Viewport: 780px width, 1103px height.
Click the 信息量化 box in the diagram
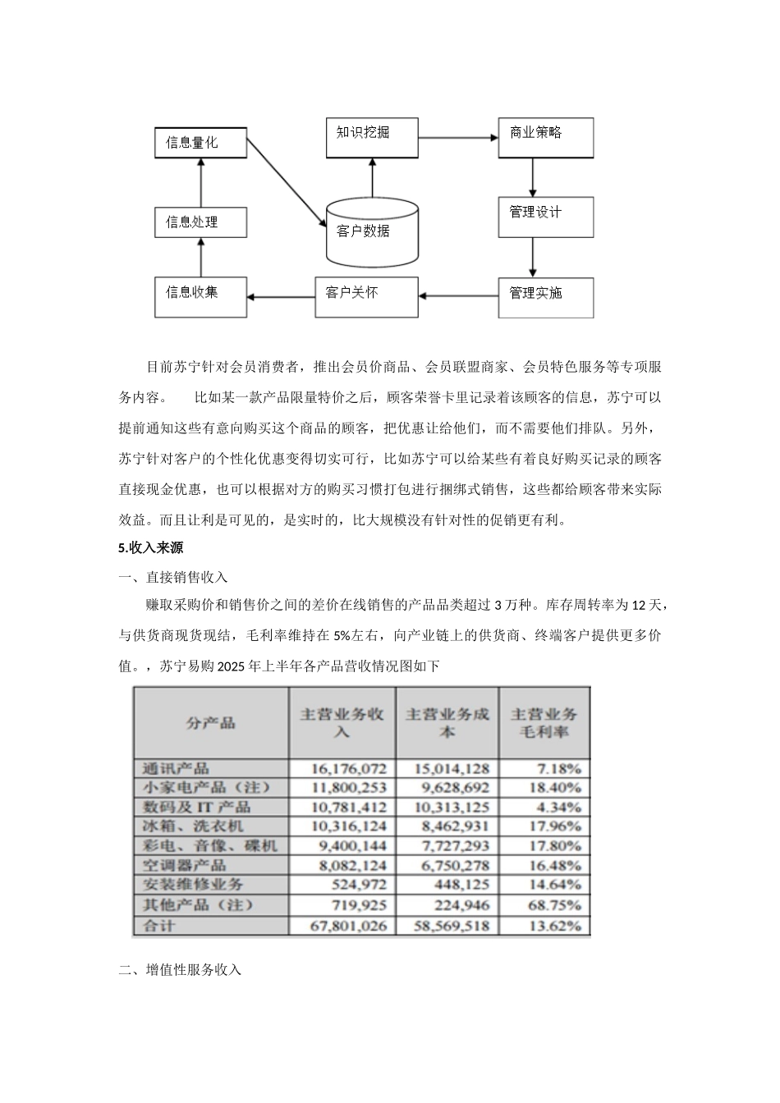click(200, 143)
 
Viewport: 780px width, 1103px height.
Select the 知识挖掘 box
click(372, 133)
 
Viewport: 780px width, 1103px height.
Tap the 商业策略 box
click(545, 137)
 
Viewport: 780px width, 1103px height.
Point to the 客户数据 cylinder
click(371, 231)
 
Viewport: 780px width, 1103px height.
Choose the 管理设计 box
click(545, 217)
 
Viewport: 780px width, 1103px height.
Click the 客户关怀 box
click(366, 295)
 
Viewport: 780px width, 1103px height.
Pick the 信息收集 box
click(200, 295)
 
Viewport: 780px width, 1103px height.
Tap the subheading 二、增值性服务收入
click(180, 969)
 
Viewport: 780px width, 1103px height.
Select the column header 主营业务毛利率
click(544, 722)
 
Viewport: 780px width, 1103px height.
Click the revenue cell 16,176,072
click(342, 768)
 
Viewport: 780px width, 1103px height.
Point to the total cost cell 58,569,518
click(447, 926)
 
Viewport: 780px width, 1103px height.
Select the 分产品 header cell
click(210, 722)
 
